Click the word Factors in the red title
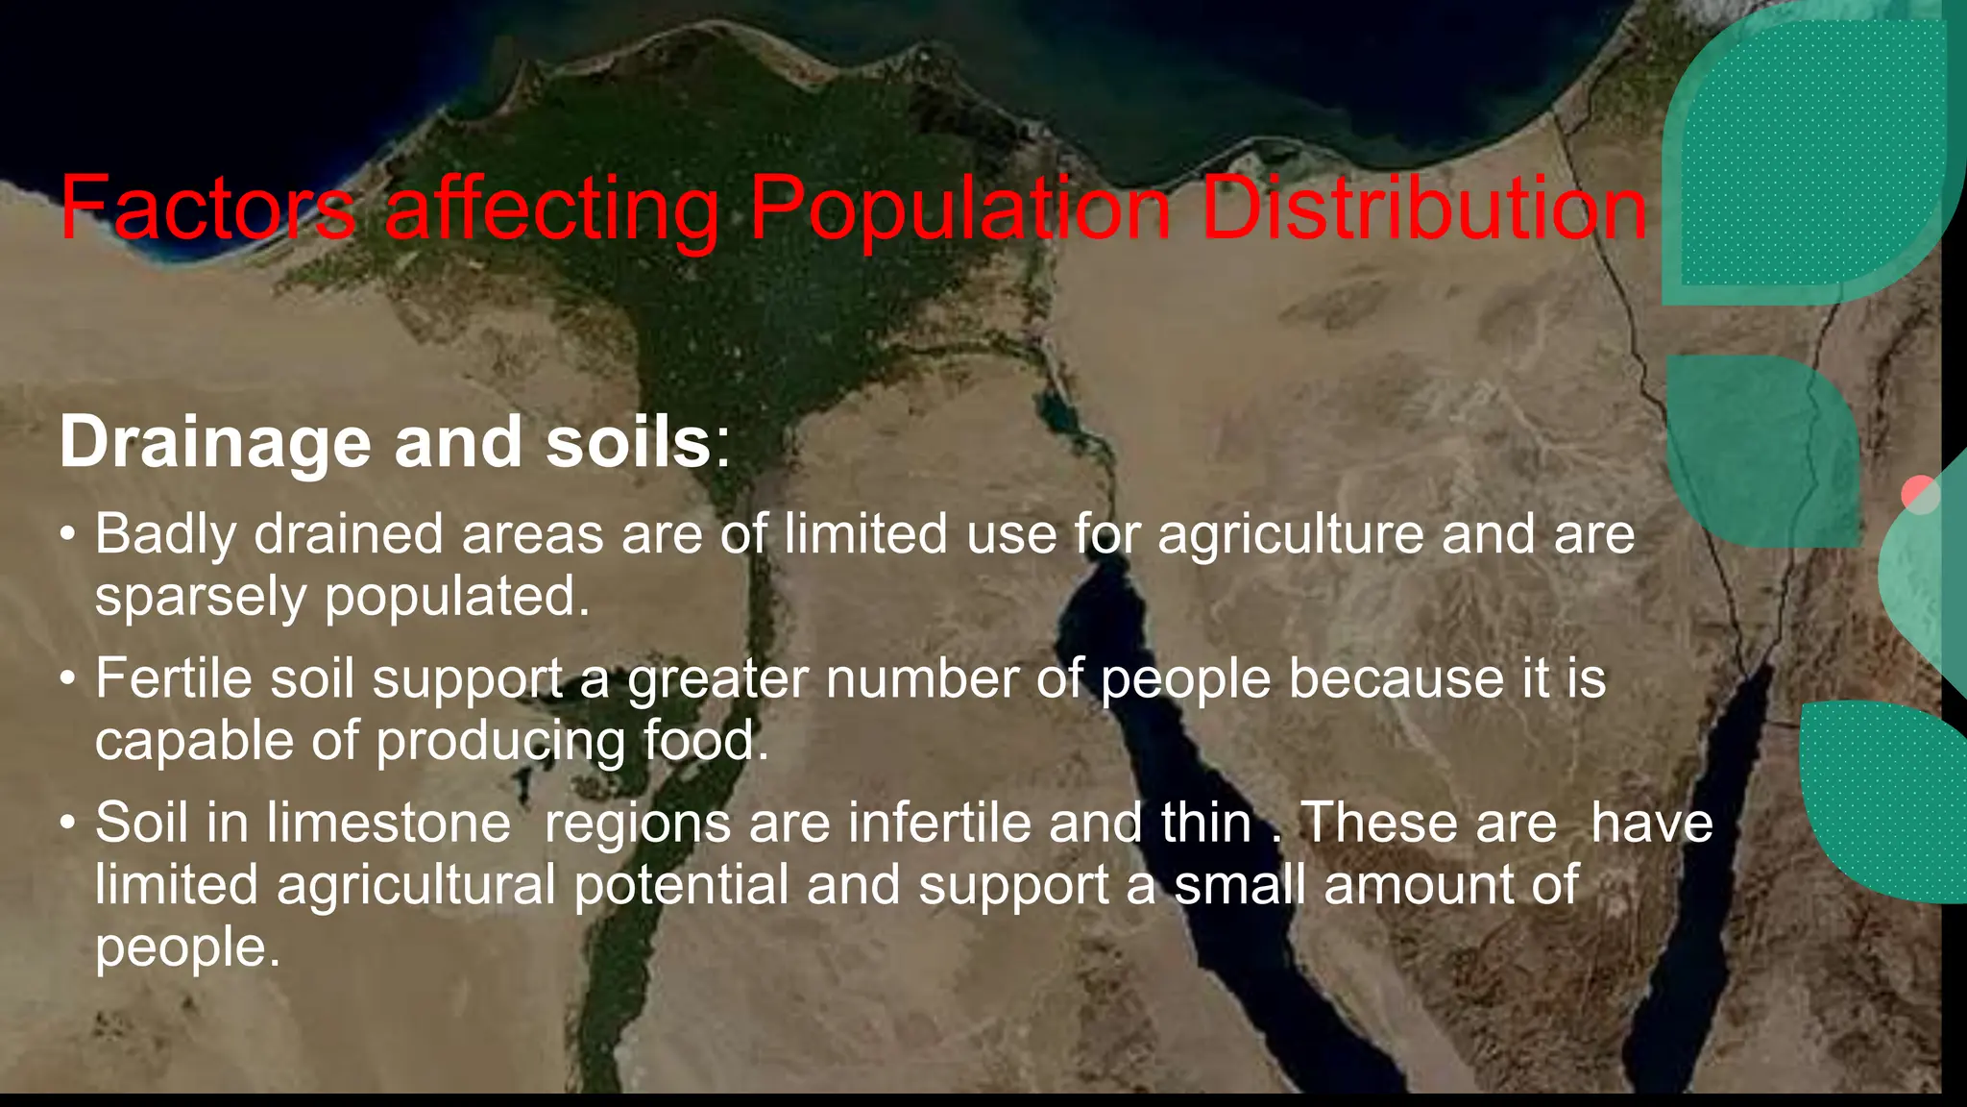(x=207, y=209)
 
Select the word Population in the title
(x=959, y=209)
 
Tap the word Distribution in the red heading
(x=1424, y=209)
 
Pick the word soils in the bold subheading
(x=628, y=443)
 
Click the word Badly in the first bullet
(x=164, y=534)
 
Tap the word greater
(x=717, y=678)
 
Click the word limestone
(x=389, y=824)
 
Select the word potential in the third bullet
(x=681, y=885)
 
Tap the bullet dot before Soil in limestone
(x=66, y=824)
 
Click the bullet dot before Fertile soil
(x=66, y=680)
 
